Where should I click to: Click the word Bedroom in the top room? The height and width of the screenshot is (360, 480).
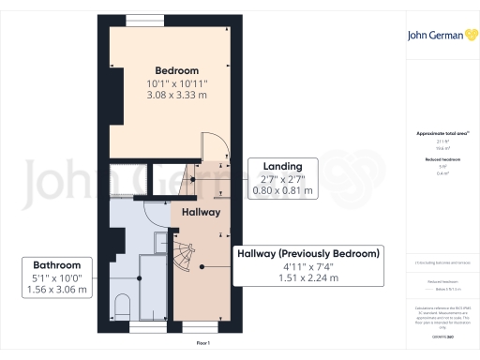point(176,70)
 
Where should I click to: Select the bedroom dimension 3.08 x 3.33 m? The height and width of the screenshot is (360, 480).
point(176,96)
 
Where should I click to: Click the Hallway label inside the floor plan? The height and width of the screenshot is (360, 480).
point(201,213)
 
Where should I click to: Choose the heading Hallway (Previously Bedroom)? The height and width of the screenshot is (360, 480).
point(305,253)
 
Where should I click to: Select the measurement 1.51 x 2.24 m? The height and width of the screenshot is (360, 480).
point(305,278)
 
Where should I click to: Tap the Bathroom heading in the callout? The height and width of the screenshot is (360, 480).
point(57,265)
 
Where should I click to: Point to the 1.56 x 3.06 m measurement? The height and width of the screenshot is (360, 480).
point(57,290)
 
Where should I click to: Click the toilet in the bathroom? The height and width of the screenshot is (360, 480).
point(122,306)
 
